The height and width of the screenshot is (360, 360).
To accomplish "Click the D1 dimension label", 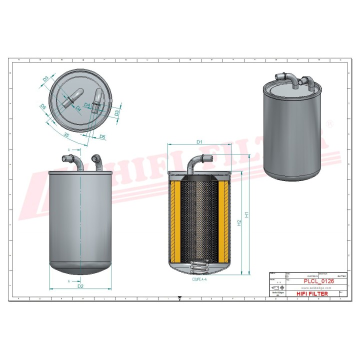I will pyautogui.click(x=198, y=141).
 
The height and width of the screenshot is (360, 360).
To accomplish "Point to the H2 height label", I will pyautogui.click(x=238, y=221).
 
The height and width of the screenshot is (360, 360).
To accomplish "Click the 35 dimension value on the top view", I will pyautogui.click(x=66, y=134).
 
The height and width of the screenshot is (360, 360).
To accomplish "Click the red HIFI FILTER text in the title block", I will pyautogui.click(x=312, y=294).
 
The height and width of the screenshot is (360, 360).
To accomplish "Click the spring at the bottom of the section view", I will pyautogui.click(x=199, y=268).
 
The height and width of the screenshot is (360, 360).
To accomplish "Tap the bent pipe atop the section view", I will pyautogui.click(x=198, y=163).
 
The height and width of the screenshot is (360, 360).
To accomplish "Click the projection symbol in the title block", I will pyautogui.click(x=276, y=289).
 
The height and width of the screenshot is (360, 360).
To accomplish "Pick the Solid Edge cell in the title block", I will pyautogui.click(x=276, y=295).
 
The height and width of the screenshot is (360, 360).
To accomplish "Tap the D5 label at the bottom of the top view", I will pyautogui.click(x=102, y=136).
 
